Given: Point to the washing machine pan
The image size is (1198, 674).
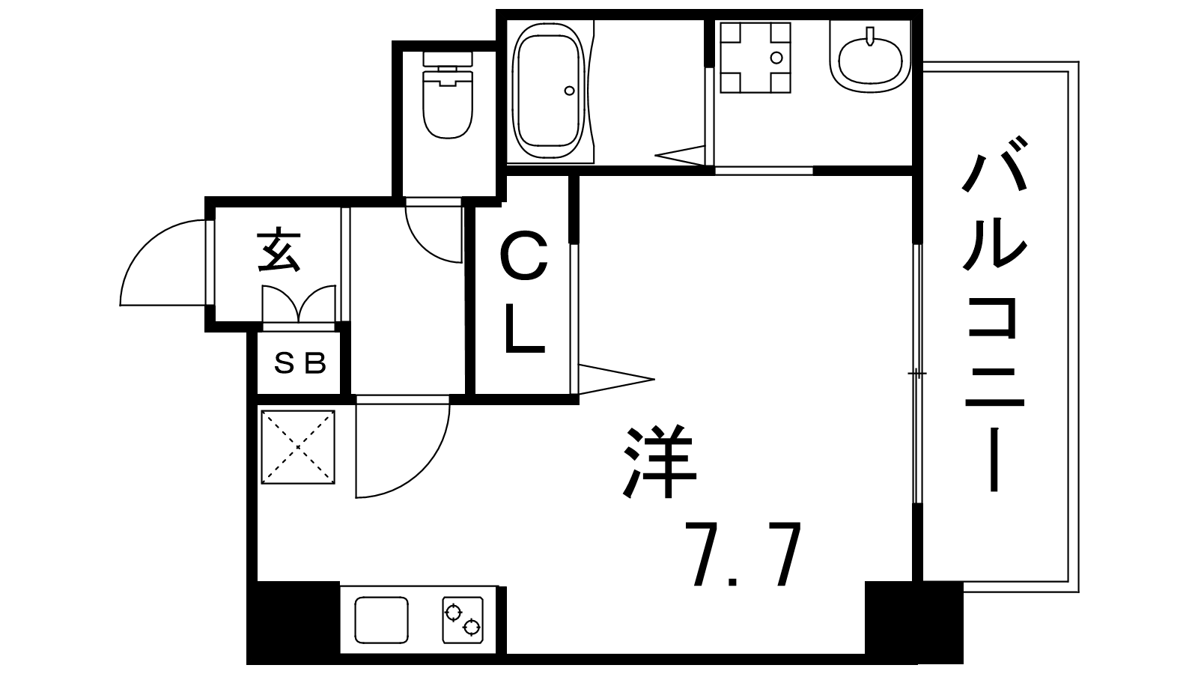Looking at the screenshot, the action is pos(755,57).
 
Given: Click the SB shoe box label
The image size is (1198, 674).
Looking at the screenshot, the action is pos(300,364).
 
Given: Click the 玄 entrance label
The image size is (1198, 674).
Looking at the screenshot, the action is pos(278,251).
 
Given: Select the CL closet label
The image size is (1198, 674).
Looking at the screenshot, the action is pos(525,293).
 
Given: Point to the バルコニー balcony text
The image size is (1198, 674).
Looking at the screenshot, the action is pos(994,314).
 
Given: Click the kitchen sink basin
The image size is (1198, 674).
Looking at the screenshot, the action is pos(382,620).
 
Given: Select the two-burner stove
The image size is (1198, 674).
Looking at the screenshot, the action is pos(463,620).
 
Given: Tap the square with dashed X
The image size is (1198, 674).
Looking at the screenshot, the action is pos(298,447).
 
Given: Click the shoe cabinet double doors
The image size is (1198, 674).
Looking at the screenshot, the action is pos(299,304).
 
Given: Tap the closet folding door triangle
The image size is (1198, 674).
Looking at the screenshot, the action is pos(615,380).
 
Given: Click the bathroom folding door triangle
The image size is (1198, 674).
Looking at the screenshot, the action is pos(681,155).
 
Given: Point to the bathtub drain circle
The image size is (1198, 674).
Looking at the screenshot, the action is pos(569,91).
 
